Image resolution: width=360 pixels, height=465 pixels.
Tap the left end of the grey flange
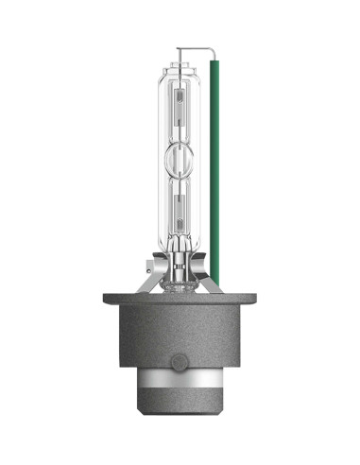[107, 301]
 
